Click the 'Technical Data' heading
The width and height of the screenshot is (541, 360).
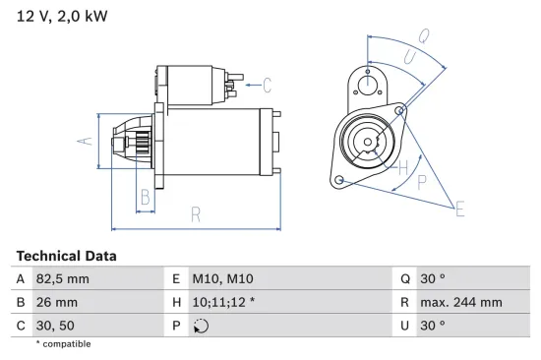[66, 256]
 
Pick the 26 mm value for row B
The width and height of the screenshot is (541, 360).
[55, 302]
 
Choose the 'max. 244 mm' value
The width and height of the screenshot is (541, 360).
[462, 302]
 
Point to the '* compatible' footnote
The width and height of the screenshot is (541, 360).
[63, 344]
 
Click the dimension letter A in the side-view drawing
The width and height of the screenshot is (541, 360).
[85, 143]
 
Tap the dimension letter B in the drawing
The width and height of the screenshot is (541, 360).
[145, 195]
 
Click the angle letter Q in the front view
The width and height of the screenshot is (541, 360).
[424, 35]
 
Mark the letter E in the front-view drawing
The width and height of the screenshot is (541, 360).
[459, 207]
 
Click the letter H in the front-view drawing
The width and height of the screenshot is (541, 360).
[403, 167]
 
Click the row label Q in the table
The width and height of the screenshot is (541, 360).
[405, 279]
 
